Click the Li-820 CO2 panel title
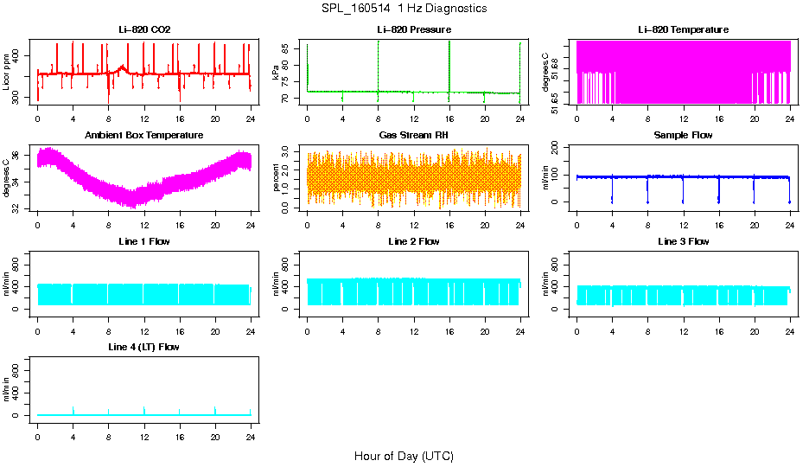pyautogui.click(x=144, y=29)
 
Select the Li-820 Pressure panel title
pyautogui.click(x=413, y=29)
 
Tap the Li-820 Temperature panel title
pyautogui.click(x=683, y=29)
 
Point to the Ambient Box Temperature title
pyautogui.click(x=144, y=136)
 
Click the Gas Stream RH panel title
pyautogui.click(x=413, y=136)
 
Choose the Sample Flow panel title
pyautogui.click(x=683, y=136)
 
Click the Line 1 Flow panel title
pyautogui.click(x=144, y=241)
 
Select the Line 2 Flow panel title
pyautogui.click(x=413, y=241)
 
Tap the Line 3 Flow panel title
pyautogui.click(x=683, y=241)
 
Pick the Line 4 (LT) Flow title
pyautogui.click(x=144, y=347)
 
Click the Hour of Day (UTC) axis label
pyautogui.click(x=404, y=456)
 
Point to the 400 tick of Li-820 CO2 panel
pyautogui.click(x=21, y=54)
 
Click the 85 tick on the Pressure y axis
pyautogui.click(x=290, y=45)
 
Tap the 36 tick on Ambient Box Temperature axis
pyautogui.click(x=21, y=156)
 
